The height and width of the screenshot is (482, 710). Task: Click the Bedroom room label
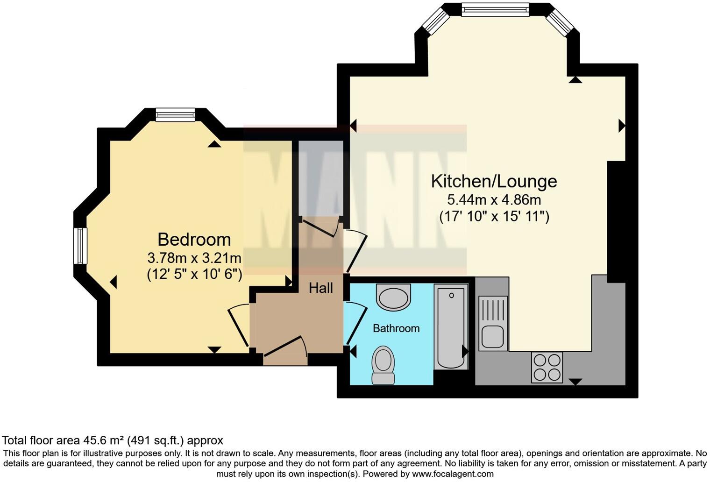pos(194,240)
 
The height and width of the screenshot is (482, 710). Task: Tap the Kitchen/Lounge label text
pos(494,181)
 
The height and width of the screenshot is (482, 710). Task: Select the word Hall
pos(321,288)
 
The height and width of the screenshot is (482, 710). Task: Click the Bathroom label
pos(396,328)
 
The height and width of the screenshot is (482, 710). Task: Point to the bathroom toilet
pos(383,365)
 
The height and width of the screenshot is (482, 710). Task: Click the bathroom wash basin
pos(393,298)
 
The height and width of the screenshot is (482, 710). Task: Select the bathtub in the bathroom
pos(451,326)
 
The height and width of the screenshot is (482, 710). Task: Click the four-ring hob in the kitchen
pos(547,367)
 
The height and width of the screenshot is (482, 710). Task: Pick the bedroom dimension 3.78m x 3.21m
pos(194,258)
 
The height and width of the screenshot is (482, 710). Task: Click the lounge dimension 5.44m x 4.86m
pos(494,200)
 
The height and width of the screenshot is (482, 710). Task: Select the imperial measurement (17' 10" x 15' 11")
pos(494,217)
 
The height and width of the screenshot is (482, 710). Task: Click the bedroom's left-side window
pos(80,246)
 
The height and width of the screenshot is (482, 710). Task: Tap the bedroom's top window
pos(175,114)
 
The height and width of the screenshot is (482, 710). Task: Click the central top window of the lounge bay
pos(495,9)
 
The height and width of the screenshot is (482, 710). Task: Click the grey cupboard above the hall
pos(320,177)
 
